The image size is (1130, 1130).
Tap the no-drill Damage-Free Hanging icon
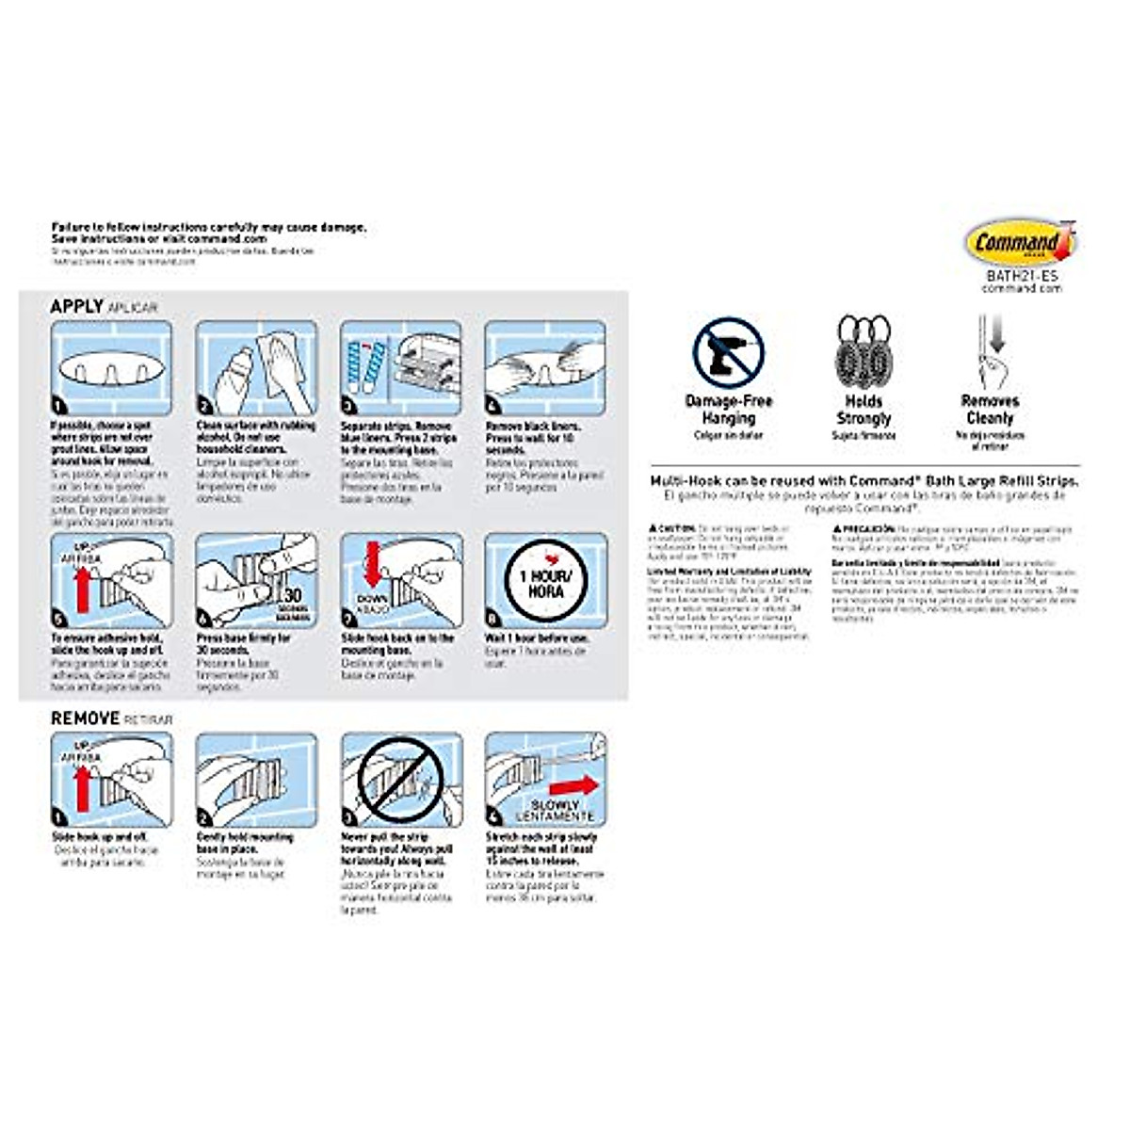pos(728,351)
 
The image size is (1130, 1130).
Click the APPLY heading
pos(77,306)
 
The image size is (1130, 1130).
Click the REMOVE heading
pos(85,718)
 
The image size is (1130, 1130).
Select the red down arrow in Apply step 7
pos(372,564)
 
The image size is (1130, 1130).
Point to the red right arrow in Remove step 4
pos(573,785)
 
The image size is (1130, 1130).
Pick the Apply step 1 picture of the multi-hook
pos(111,368)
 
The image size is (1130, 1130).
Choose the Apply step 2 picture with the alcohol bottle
pos(256,368)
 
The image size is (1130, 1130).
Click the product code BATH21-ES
pos(1022,277)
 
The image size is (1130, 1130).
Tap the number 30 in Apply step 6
pos(293,595)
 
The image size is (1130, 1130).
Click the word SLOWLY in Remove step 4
pos(556,805)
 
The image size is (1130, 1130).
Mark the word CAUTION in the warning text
pos(675,529)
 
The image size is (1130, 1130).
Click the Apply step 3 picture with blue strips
pos(401,368)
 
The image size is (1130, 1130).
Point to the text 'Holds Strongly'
pos(864,410)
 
